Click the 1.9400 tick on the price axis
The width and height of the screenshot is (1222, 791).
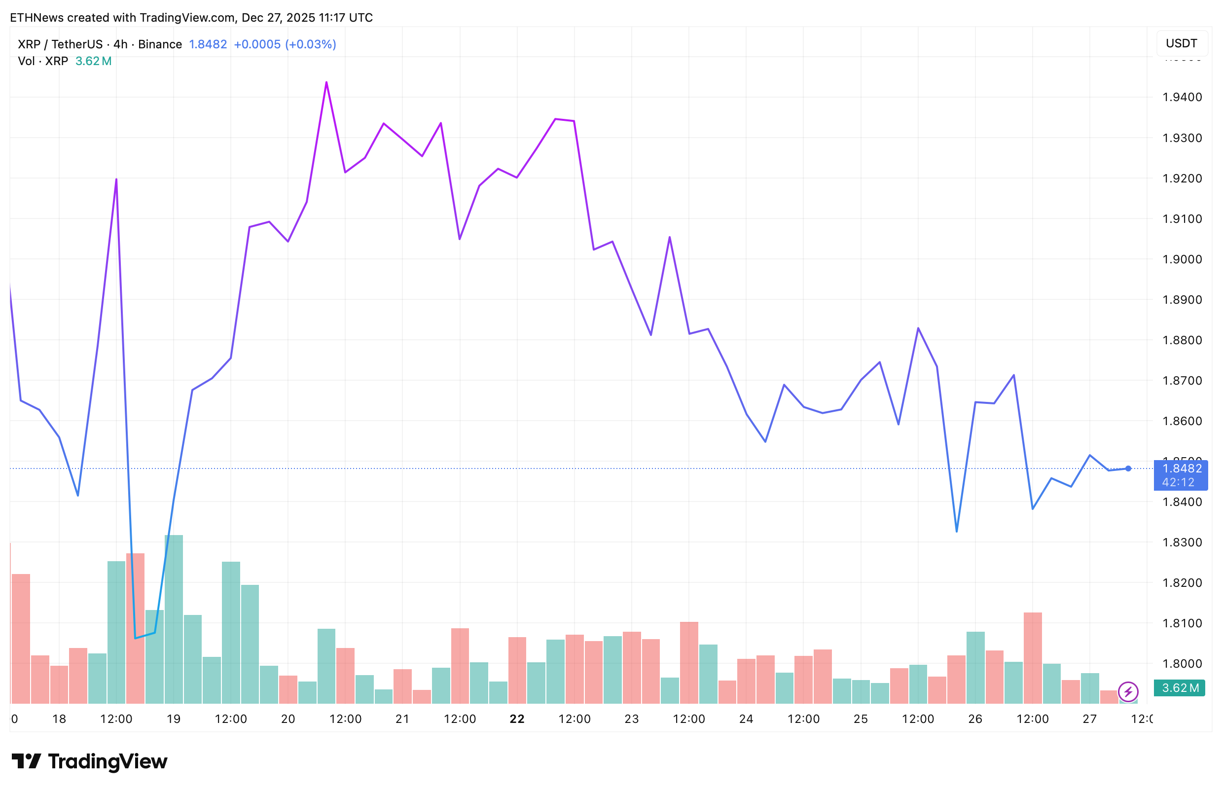pos(1182,97)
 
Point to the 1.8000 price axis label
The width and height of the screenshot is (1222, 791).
pos(1182,664)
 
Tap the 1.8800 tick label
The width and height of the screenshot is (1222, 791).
pos(1182,340)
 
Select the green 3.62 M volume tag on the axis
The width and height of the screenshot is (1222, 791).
pos(1180,688)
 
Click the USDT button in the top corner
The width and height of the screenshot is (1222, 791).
pos(1182,43)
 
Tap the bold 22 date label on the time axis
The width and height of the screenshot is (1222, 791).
pos(517,719)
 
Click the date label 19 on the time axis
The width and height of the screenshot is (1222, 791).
pos(174,719)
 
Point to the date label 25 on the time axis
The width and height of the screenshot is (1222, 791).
pos(861,719)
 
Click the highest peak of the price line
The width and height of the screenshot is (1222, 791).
pos(326,83)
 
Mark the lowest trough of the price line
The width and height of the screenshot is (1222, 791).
pos(135,638)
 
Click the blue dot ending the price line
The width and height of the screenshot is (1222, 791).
pos(1128,468)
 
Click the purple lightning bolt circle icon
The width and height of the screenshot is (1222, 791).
pos(1128,691)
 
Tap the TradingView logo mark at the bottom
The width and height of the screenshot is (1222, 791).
pos(26,761)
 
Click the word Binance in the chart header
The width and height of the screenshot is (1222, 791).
pos(160,45)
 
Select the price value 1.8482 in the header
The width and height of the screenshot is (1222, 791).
pos(208,45)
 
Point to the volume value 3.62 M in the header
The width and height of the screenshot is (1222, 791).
pos(93,62)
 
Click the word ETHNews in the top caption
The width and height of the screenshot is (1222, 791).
pos(36,18)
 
